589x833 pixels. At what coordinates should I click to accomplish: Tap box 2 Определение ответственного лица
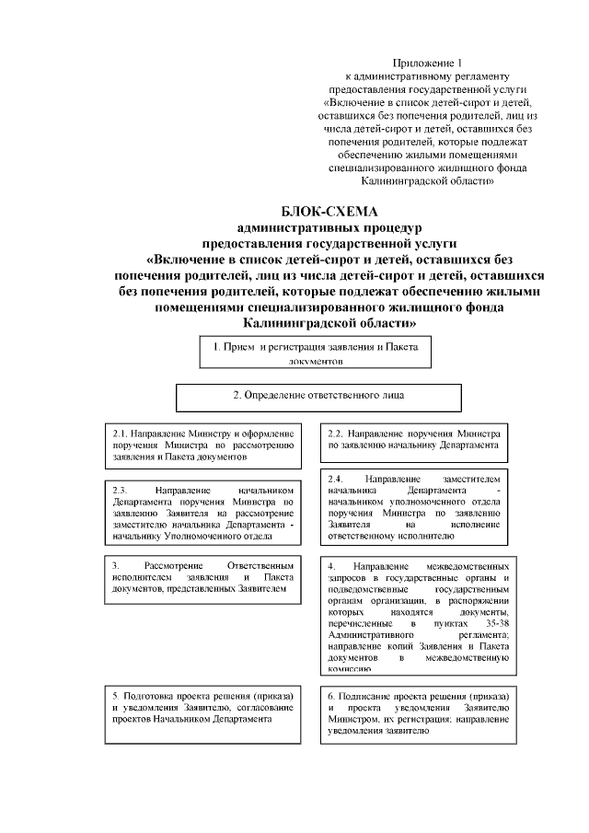click(x=318, y=396)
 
